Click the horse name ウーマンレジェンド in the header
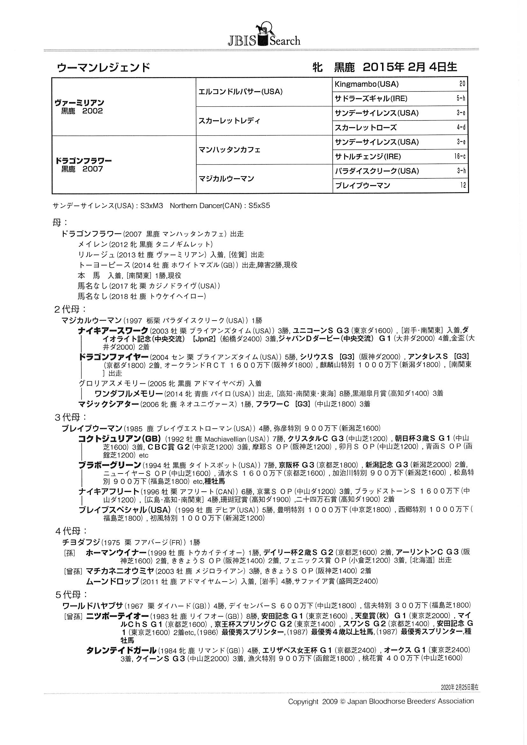(x=103, y=68)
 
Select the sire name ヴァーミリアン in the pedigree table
(x=80, y=103)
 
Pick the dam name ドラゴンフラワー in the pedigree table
(x=84, y=161)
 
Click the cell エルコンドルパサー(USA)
(x=241, y=92)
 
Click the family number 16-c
(x=459, y=157)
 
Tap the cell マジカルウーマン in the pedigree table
(x=226, y=179)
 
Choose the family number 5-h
(x=461, y=99)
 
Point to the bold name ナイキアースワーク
(x=113, y=331)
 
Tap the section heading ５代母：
(x=70, y=595)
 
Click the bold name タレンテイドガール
(x=121, y=650)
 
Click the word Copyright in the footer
(x=303, y=702)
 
